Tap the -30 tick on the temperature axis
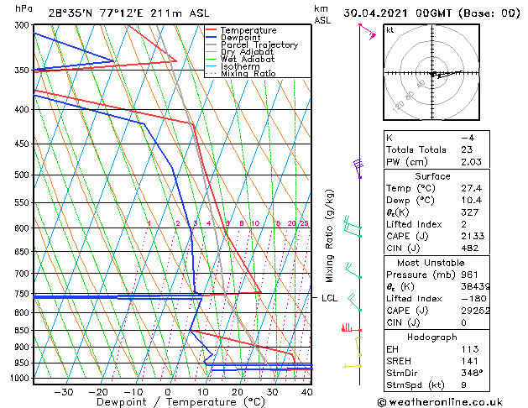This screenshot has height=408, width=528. click(63, 391)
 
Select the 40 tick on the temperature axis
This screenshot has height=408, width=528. click(308, 391)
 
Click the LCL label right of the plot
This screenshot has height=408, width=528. click(329, 298)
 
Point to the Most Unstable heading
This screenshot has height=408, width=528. click(432, 263)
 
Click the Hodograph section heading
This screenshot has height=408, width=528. click(432, 337)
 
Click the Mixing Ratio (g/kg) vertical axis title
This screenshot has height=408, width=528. click(330, 236)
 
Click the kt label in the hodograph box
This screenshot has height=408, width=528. click(390, 29)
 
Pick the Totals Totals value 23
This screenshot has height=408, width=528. click(467, 149)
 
